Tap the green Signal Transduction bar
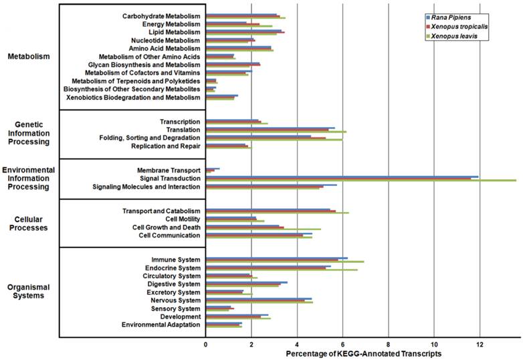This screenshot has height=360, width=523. [361, 181]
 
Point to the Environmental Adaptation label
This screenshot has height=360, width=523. [161, 325]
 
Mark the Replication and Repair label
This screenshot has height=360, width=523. [166, 146]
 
